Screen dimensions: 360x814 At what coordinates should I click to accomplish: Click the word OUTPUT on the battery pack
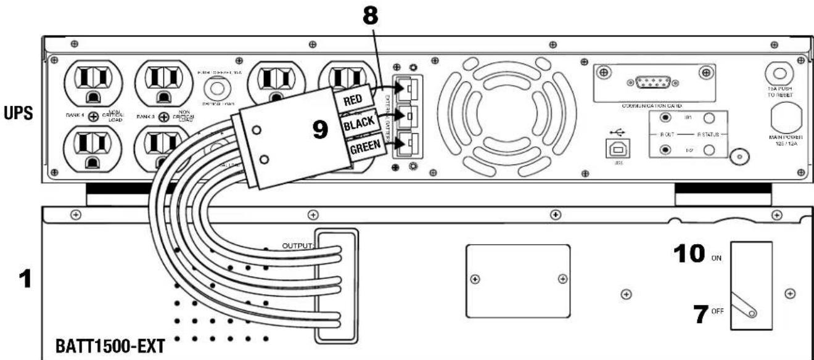[x=298, y=246]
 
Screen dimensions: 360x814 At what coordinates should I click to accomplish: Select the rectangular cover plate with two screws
[x=516, y=279]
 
